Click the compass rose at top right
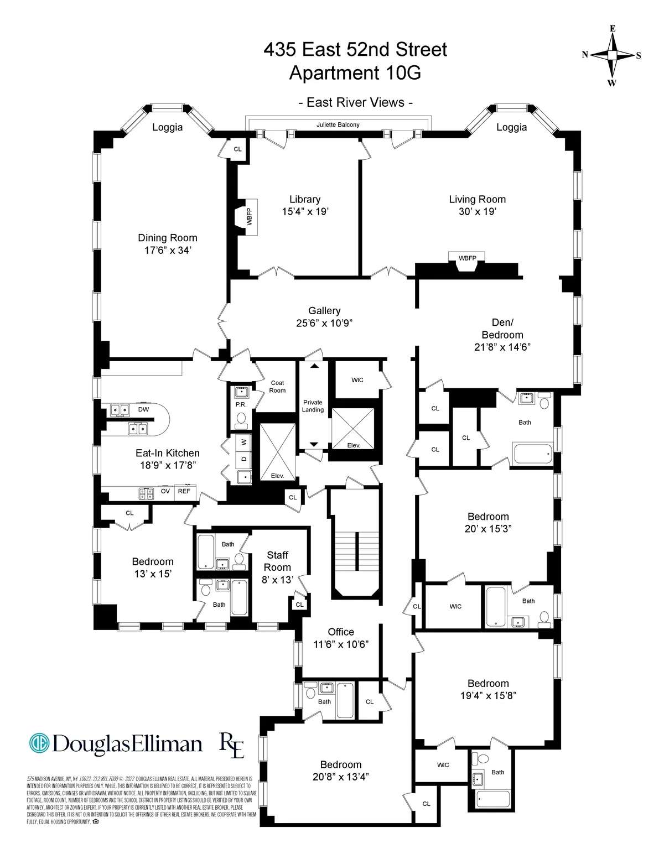[x=612, y=55]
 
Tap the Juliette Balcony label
[x=338, y=125]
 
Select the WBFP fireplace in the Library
[x=247, y=216]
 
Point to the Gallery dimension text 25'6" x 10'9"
[x=324, y=323]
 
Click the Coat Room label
[x=277, y=387]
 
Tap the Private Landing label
[x=313, y=406]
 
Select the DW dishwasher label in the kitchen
[x=143, y=410]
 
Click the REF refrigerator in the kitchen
[x=184, y=491]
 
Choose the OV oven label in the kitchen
[x=165, y=491]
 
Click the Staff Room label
[x=277, y=561]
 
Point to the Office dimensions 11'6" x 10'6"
[x=341, y=644]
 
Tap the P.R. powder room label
[x=241, y=405]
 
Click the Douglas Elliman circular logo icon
[x=39, y=743]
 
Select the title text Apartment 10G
[x=355, y=73]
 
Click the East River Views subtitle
[x=355, y=102]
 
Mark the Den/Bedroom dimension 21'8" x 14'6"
[x=502, y=347]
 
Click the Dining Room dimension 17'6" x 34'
[x=168, y=251]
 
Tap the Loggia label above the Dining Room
[x=167, y=127]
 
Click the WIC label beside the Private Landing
[x=357, y=380]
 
